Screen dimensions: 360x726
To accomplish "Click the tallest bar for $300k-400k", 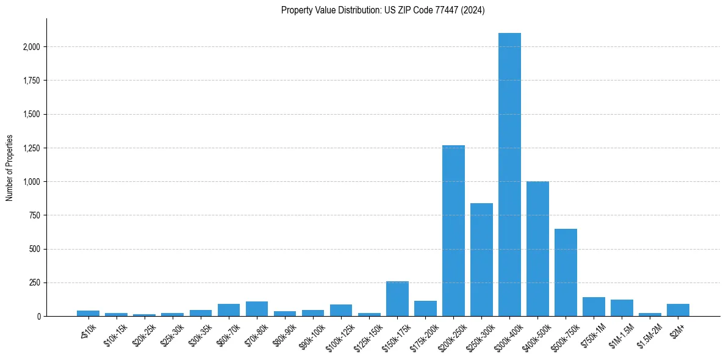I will coord(509,175).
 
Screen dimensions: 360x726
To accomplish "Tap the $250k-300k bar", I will coord(481,260).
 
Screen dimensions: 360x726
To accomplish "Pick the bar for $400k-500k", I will coord(537,249).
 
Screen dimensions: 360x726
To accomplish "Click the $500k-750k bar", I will coord(566,273).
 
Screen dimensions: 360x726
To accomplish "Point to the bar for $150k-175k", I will coord(397,299).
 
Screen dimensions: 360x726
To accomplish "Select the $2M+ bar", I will coord(678,310).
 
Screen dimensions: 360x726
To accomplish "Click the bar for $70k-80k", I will coord(257,309).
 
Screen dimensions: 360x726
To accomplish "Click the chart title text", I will coord(383,10).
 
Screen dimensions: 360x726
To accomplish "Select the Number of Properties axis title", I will coord(10,168).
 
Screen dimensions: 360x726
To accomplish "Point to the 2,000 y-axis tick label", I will coord(31,47).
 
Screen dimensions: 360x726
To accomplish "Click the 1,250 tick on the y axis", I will coord(31,148).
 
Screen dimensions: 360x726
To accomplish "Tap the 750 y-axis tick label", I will coord(34,215).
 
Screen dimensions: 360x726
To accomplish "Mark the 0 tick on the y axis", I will coord(38,317).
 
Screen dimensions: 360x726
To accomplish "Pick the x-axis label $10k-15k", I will coord(115,333).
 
